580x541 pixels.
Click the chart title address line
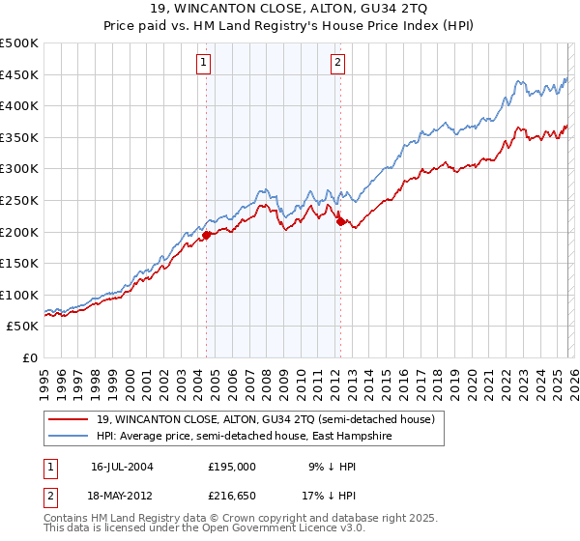coord(290,9)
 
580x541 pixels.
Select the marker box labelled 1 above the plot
coord(205,64)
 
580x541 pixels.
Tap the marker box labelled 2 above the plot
coord(338,64)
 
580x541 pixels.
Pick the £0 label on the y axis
coord(29,357)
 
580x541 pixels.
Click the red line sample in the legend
coord(70,419)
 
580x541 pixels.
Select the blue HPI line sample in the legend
coord(70,436)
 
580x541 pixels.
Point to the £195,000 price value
coord(232,466)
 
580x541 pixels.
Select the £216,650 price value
coord(232,498)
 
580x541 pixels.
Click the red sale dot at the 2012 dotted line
coord(339,221)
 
